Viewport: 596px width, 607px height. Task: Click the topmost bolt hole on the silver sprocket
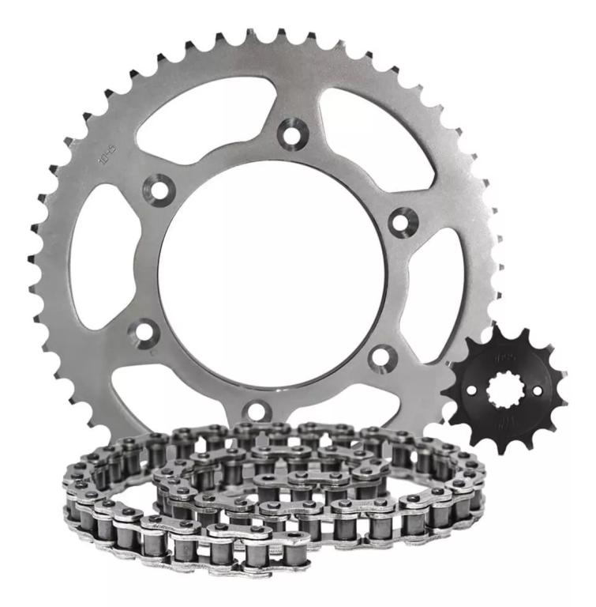293,133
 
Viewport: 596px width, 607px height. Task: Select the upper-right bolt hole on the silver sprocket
403,221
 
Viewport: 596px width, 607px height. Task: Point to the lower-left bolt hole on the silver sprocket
145,331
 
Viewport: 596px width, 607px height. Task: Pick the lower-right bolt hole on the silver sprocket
381,358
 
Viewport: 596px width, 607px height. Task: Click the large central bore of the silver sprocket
272,273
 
